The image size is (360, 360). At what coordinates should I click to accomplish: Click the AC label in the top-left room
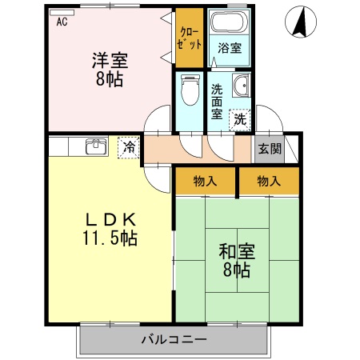[x=61, y=22]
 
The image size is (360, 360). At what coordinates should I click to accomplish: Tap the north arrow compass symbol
[x=301, y=22]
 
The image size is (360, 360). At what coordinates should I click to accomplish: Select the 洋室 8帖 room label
[x=110, y=68]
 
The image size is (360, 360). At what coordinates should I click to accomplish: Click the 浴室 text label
[x=229, y=48]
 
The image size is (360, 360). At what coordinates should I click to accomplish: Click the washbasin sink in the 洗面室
[x=241, y=89]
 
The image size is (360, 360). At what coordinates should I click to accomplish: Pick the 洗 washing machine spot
[x=240, y=119]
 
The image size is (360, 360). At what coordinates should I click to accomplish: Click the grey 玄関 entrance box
[x=269, y=149]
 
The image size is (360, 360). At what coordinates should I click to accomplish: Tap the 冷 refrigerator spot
[x=127, y=147]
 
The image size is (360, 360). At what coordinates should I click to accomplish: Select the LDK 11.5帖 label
[x=110, y=228]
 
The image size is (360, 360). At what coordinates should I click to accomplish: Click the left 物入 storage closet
[x=206, y=182]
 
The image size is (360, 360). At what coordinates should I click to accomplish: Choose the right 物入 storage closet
[x=269, y=182]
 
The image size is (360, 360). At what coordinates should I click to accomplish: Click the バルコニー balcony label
[x=174, y=339]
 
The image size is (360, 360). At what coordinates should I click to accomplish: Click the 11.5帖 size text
[x=110, y=238]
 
